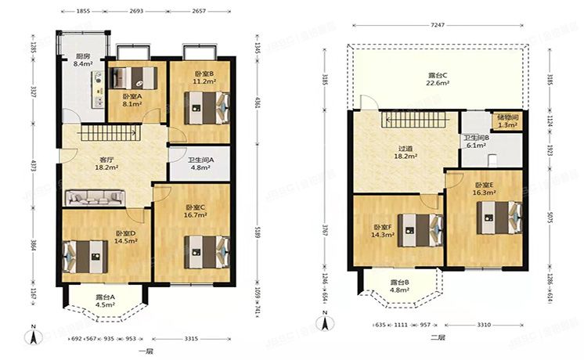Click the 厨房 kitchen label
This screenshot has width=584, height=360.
click(82, 60)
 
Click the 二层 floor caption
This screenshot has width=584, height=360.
click(438, 338)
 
